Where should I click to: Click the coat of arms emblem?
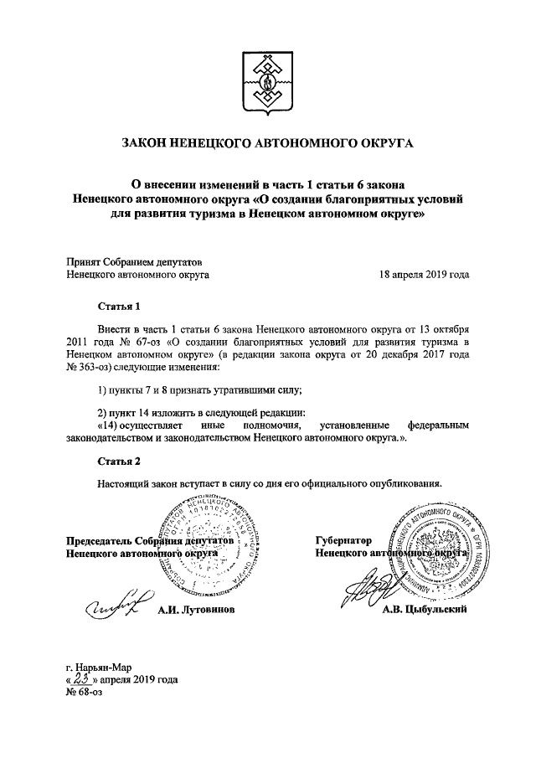(x=267, y=81)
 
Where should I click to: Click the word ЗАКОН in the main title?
(x=148, y=144)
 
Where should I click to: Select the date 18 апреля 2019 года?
(x=424, y=273)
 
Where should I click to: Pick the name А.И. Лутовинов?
(x=197, y=610)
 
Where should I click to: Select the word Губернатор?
(x=343, y=541)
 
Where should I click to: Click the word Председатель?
(x=97, y=541)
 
